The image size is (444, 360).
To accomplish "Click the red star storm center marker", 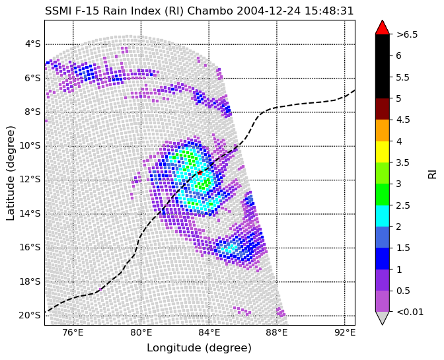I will (200, 172).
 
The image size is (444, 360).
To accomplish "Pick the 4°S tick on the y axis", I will (32, 44).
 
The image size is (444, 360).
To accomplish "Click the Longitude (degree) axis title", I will (199, 348).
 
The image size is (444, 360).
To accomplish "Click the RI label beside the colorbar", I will (433, 172).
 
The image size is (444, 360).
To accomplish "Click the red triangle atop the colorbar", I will (382, 27).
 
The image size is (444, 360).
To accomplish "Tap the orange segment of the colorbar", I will (382, 130).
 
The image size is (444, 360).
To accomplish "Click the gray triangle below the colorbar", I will (382, 318).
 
